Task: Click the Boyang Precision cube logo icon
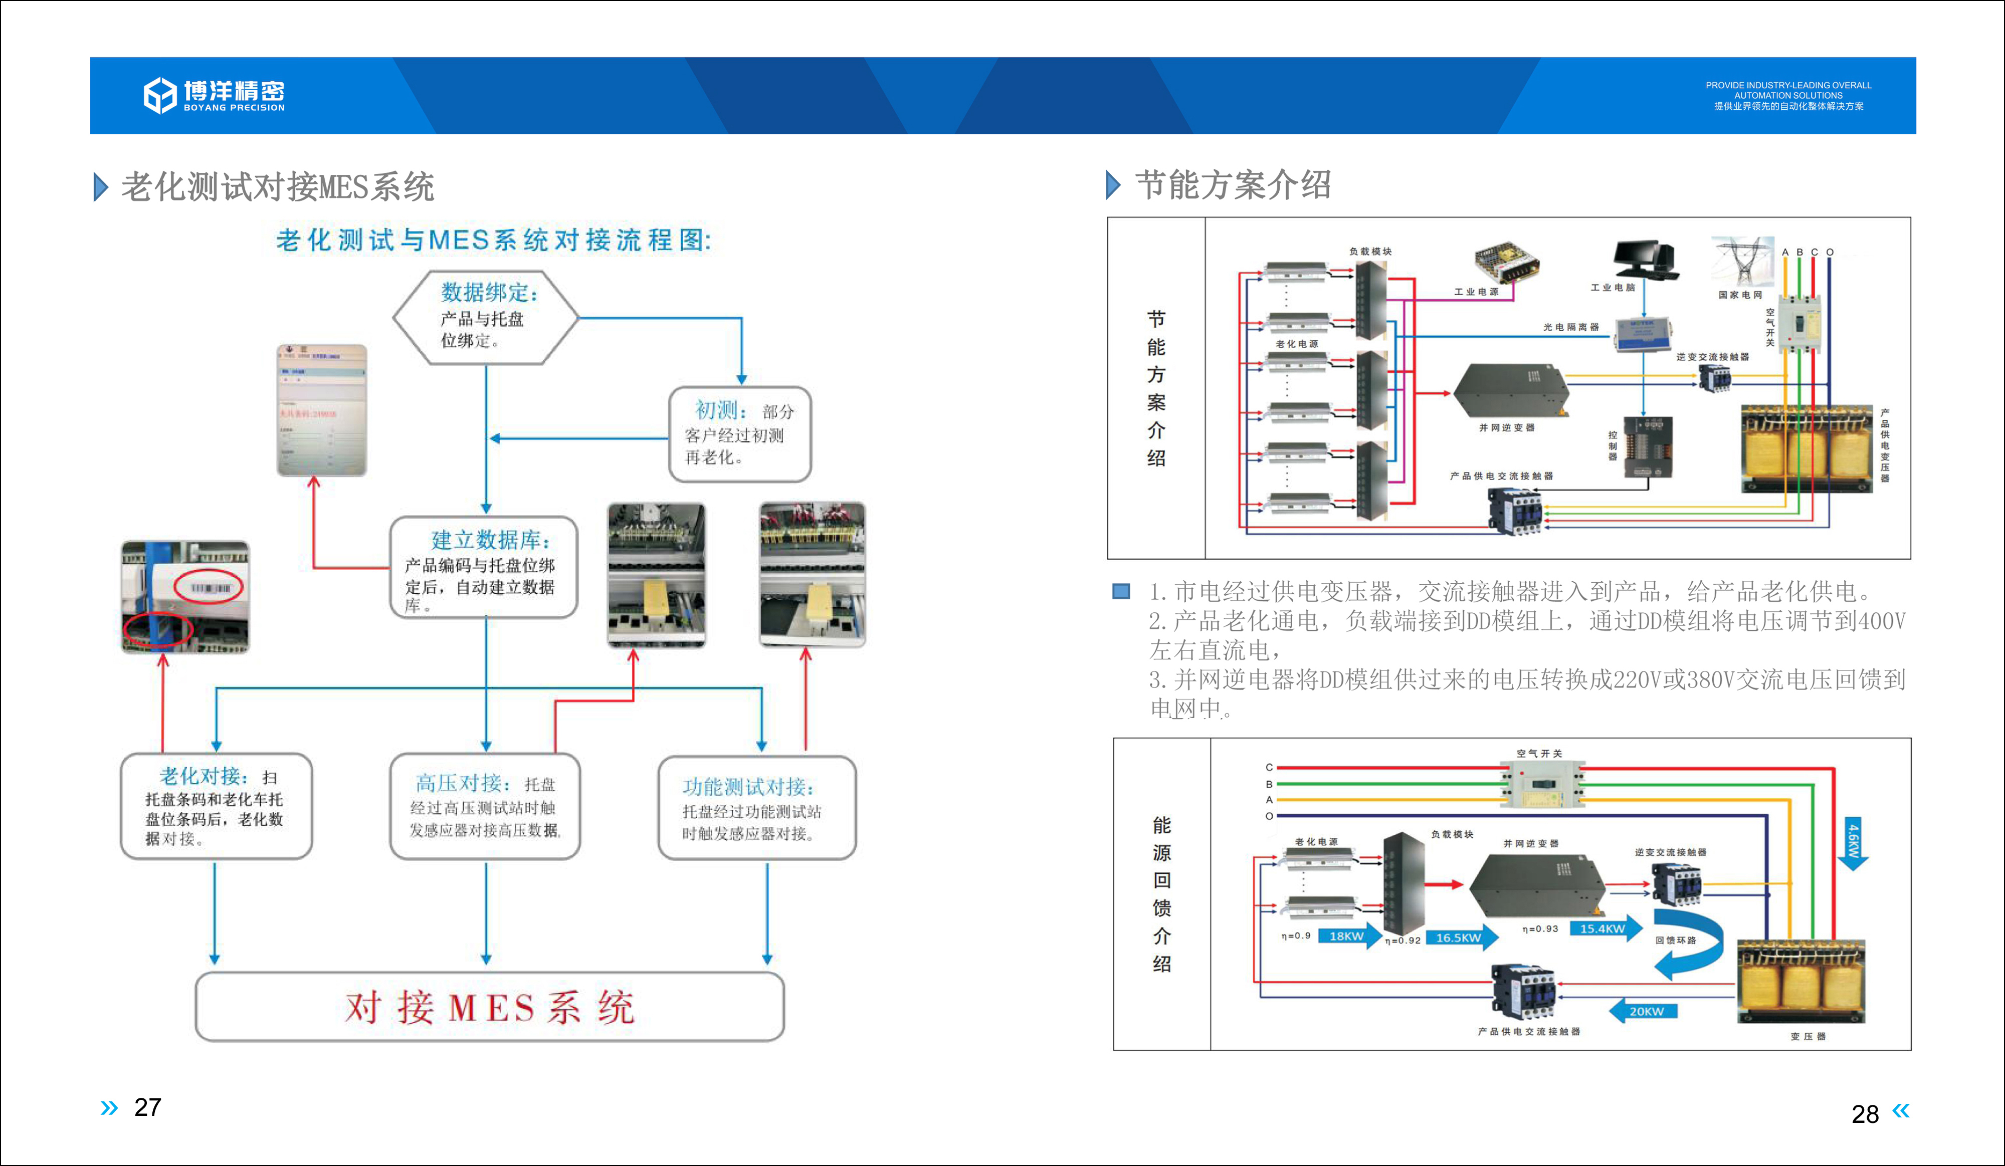(159, 95)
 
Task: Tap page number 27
(147, 1107)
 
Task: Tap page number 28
(1864, 1113)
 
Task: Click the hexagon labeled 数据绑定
(485, 317)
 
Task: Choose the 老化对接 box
(216, 806)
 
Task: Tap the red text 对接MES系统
(489, 1007)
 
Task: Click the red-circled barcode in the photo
(209, 587)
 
